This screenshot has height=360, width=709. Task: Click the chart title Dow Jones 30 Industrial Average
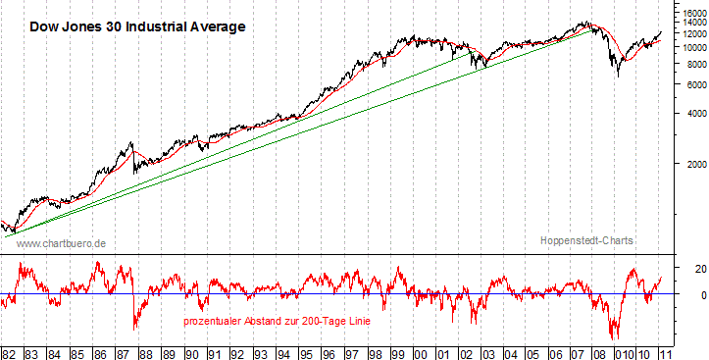click(136, 26)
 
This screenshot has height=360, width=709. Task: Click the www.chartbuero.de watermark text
click(62, 242)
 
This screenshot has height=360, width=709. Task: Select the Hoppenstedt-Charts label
click(587, 240)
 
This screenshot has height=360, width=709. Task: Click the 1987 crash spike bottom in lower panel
click(135, 329)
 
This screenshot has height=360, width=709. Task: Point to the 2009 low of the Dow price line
click(617, 76)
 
